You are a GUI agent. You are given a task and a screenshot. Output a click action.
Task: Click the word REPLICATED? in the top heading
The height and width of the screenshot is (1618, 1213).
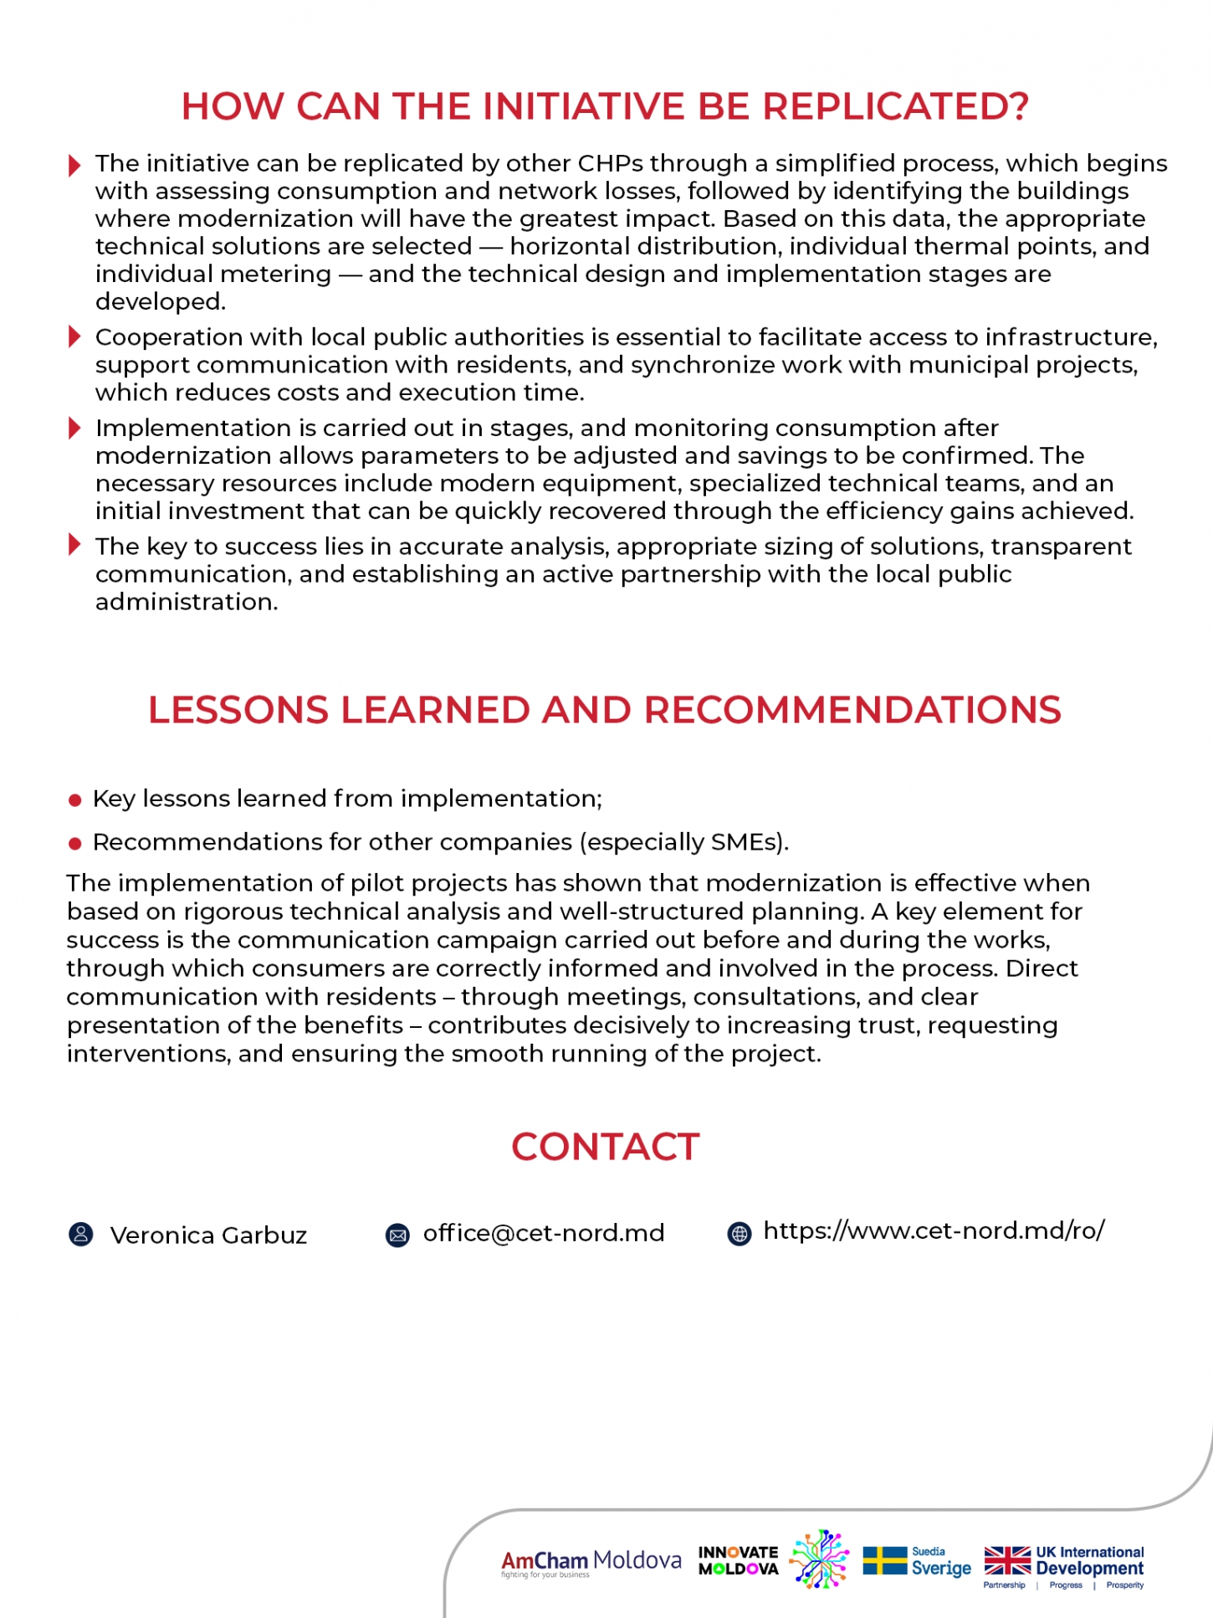click(x=894, y=107)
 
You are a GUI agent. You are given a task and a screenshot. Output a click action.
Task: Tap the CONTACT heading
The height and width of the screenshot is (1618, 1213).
click(x=606, y=1147)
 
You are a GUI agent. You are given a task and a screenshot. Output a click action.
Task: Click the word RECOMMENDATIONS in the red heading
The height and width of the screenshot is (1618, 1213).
click(x=852, y=710)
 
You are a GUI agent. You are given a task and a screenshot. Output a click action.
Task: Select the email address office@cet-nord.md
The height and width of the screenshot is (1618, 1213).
click(x=544, y=1233)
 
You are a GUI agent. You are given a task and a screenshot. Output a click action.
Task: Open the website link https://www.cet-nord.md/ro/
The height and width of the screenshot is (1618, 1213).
click(x=934, y=1230)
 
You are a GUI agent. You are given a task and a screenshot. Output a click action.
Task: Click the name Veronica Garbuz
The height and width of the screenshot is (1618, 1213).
click(x=208, y=1235)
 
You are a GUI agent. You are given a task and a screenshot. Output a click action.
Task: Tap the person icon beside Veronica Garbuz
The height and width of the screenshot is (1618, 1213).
click(x=80, y=1235)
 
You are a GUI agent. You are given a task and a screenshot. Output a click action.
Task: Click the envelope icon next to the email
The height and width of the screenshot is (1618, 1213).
click(x=397, y=1235)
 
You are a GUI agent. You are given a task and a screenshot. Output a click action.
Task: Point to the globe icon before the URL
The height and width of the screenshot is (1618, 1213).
click(x=740, y=1234)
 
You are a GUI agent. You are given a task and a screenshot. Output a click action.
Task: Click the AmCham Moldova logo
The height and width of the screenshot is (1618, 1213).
click(x=591, y=1562)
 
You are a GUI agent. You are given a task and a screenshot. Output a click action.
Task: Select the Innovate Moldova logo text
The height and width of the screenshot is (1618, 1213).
click(x=738, y=1561)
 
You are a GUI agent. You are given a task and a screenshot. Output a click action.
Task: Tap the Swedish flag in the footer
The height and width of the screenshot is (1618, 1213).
click(x=884, y=1561)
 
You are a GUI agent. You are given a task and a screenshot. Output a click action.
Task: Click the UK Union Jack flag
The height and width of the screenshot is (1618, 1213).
click(x=1007, y=1561)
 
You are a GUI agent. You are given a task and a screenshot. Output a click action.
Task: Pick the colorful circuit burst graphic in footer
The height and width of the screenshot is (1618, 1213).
click(x=820, y=1559)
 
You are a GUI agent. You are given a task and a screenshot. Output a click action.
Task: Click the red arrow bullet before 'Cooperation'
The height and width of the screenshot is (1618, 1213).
click(x=74, y=337)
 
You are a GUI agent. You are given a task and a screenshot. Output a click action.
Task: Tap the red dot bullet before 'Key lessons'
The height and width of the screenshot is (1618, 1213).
click(x=74, y=801)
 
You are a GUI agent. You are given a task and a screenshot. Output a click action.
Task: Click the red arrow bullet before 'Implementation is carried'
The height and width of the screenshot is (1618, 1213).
click(x=74, y=429)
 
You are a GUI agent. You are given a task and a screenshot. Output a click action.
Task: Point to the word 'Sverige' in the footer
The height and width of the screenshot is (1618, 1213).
click(x=941, y=1569)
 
